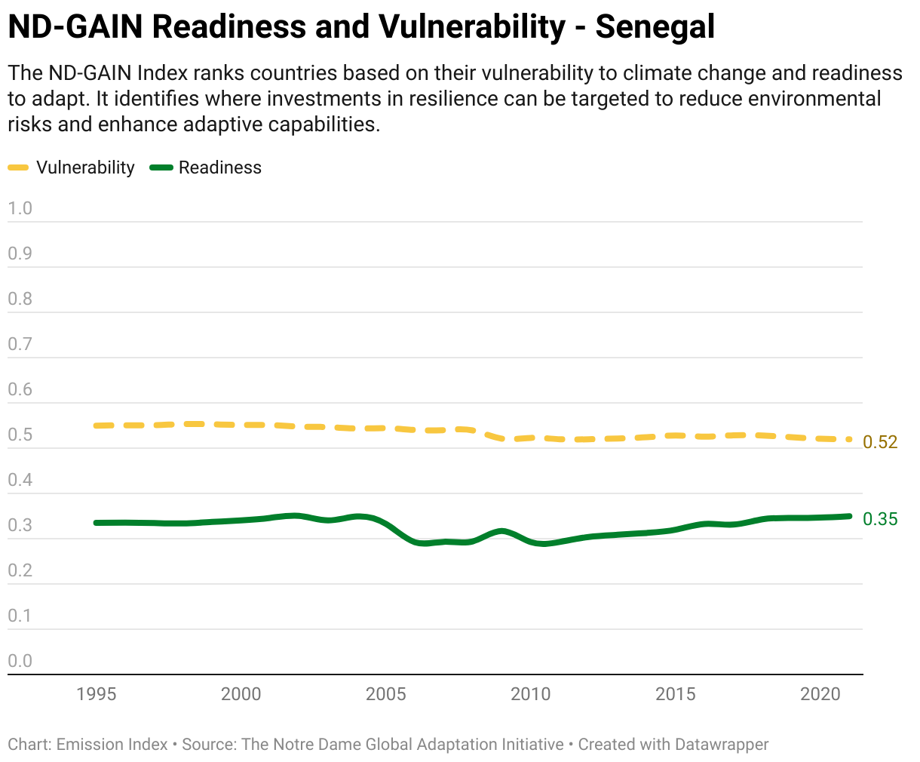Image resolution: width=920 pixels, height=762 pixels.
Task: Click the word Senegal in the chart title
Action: (655, 28)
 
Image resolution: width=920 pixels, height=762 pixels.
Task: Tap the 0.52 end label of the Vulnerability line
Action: (880, 442)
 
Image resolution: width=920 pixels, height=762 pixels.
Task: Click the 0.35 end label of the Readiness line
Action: (880, 519)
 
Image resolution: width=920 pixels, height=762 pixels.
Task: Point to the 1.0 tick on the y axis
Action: (20, 208)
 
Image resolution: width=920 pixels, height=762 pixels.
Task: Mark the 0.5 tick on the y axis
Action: (20, 435)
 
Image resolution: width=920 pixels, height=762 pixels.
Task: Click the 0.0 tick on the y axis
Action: (20, 661)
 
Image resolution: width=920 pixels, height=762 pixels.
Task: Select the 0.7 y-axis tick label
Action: (20, 344)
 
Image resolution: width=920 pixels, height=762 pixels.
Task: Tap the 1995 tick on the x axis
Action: (97, 694)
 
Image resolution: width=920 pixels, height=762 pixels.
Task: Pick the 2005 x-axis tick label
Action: (385, 694)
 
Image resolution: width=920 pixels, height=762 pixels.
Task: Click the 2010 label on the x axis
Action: (530, 694)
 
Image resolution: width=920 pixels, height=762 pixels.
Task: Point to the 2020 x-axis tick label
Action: (820, 694)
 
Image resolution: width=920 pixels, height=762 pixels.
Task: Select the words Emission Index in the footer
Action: (112, 745)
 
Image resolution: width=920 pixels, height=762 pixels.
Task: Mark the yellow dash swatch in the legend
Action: (18, 167)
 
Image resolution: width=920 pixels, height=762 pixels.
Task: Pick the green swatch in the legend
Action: (161, 167)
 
